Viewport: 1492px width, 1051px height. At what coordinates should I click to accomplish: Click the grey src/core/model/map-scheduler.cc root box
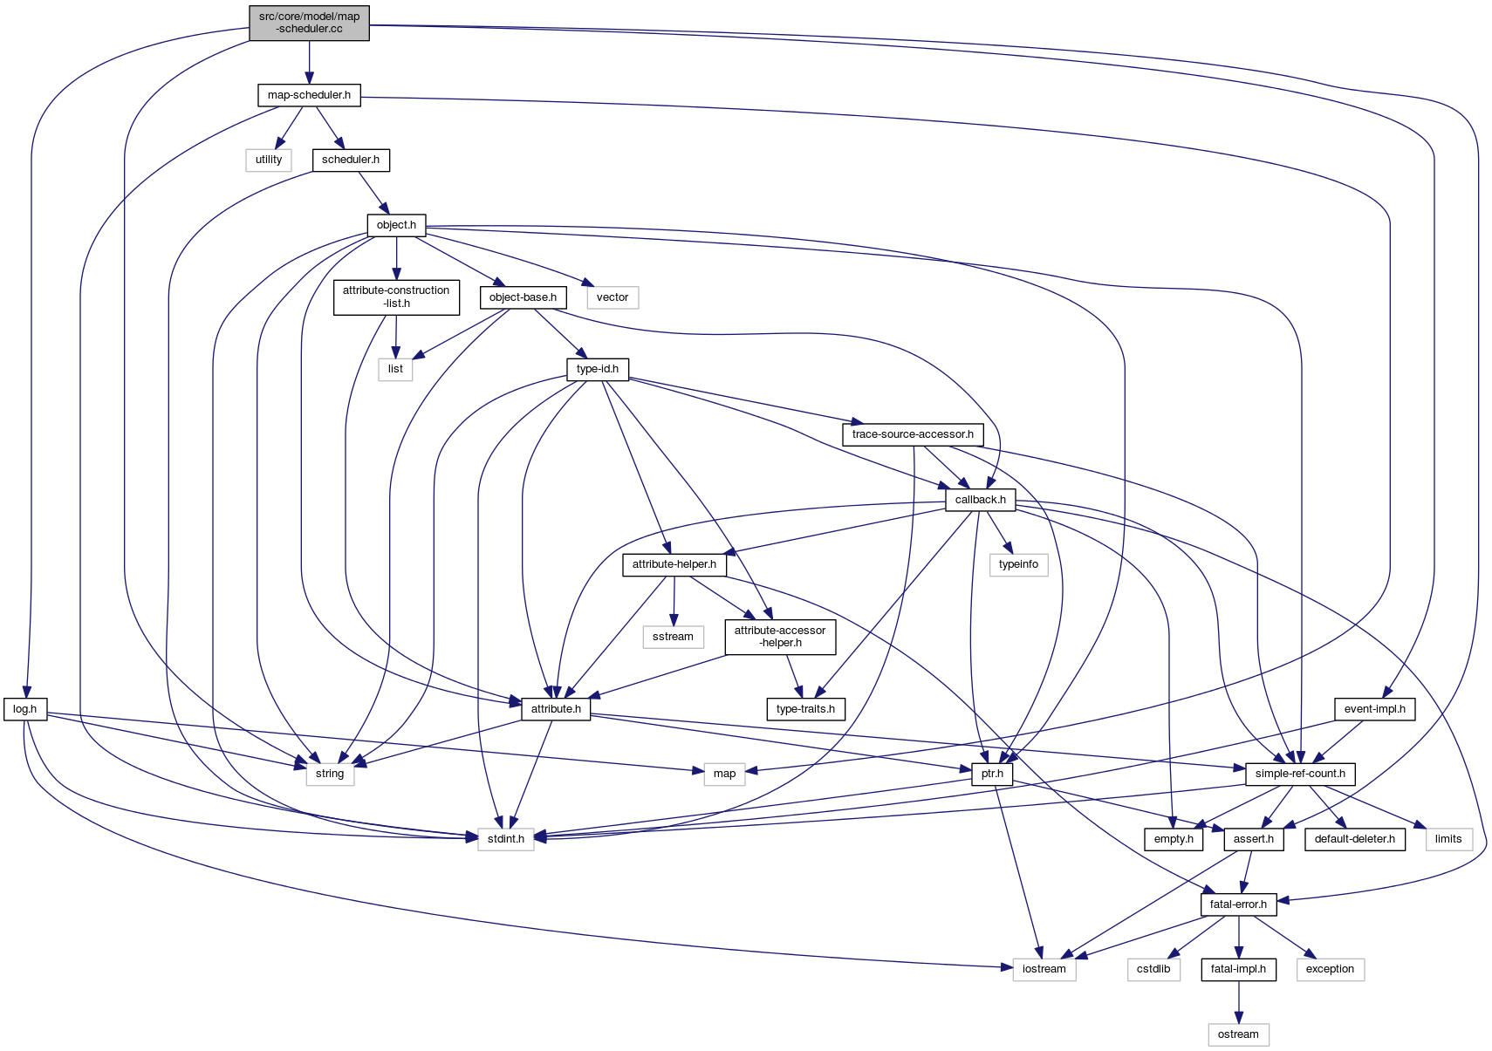coord(309,23)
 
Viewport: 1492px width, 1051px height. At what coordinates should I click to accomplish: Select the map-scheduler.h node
coord(309,95)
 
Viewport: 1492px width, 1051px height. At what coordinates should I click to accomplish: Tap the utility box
coord(269,160)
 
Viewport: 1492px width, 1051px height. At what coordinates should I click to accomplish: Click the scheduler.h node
coord(351,160)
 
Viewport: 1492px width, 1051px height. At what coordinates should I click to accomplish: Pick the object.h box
coord(396,225)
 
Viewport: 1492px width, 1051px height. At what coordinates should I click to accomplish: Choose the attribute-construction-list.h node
coord(396,297)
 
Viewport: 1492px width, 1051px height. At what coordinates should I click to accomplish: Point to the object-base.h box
coord(523,297)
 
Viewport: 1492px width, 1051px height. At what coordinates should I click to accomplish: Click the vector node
coord(613,297)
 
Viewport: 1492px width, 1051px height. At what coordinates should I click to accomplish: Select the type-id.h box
coord(598,369)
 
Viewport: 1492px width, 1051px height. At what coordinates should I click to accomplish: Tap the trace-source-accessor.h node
coord(913,434)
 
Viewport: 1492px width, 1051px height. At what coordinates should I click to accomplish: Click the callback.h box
coord(980,500)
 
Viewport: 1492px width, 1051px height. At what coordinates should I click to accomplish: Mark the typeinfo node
coord(1018,564)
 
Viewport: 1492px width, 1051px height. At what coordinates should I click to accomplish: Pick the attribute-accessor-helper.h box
coord(780,637)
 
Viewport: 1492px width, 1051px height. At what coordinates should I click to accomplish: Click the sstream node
coord(673,637)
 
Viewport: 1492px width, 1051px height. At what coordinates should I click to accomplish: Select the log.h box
coord(25,709)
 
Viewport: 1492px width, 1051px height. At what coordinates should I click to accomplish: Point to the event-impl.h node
coord(1374,709)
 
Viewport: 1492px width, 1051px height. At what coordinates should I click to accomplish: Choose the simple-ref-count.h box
coord(1300,774)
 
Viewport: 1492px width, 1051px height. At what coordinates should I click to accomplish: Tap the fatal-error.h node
coord(1238,904)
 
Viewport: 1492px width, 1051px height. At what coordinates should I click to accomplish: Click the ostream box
coord(1238,1034)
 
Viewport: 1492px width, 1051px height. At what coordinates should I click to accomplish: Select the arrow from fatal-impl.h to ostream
coord(1238,1002)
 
